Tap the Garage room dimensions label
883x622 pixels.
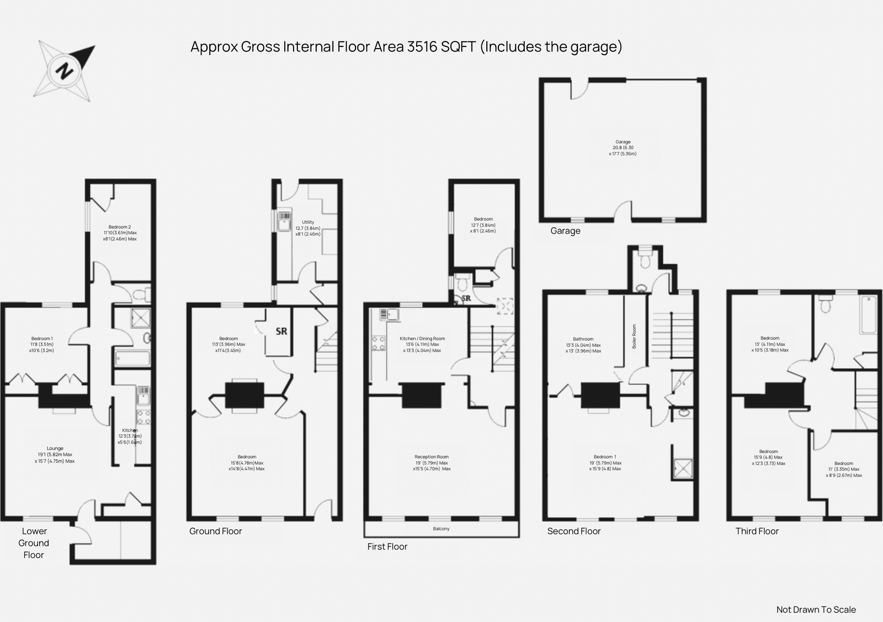tap(623, 148)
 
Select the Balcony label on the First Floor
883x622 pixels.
tap(441, 529)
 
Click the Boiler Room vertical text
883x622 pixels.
tap(634, 336)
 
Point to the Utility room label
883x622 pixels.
tap(308, 222)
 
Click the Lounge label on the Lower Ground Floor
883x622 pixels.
tap(55, 449)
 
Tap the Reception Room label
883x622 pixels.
tap(432, 457)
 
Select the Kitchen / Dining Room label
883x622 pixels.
tap(422, 339)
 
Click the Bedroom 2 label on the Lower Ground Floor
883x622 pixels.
tap(120, 227)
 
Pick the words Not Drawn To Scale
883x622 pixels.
tap(816, 610)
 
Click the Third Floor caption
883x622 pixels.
tap(757, 531)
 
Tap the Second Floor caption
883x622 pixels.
tap(573, 531)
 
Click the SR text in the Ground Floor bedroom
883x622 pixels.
tap(281, 332)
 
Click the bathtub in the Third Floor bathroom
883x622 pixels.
tap(868, 315)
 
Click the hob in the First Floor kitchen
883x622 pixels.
tap(378, 343)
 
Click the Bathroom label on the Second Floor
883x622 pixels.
tap(583, 339)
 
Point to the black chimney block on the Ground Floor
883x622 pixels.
tap(244, 396)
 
